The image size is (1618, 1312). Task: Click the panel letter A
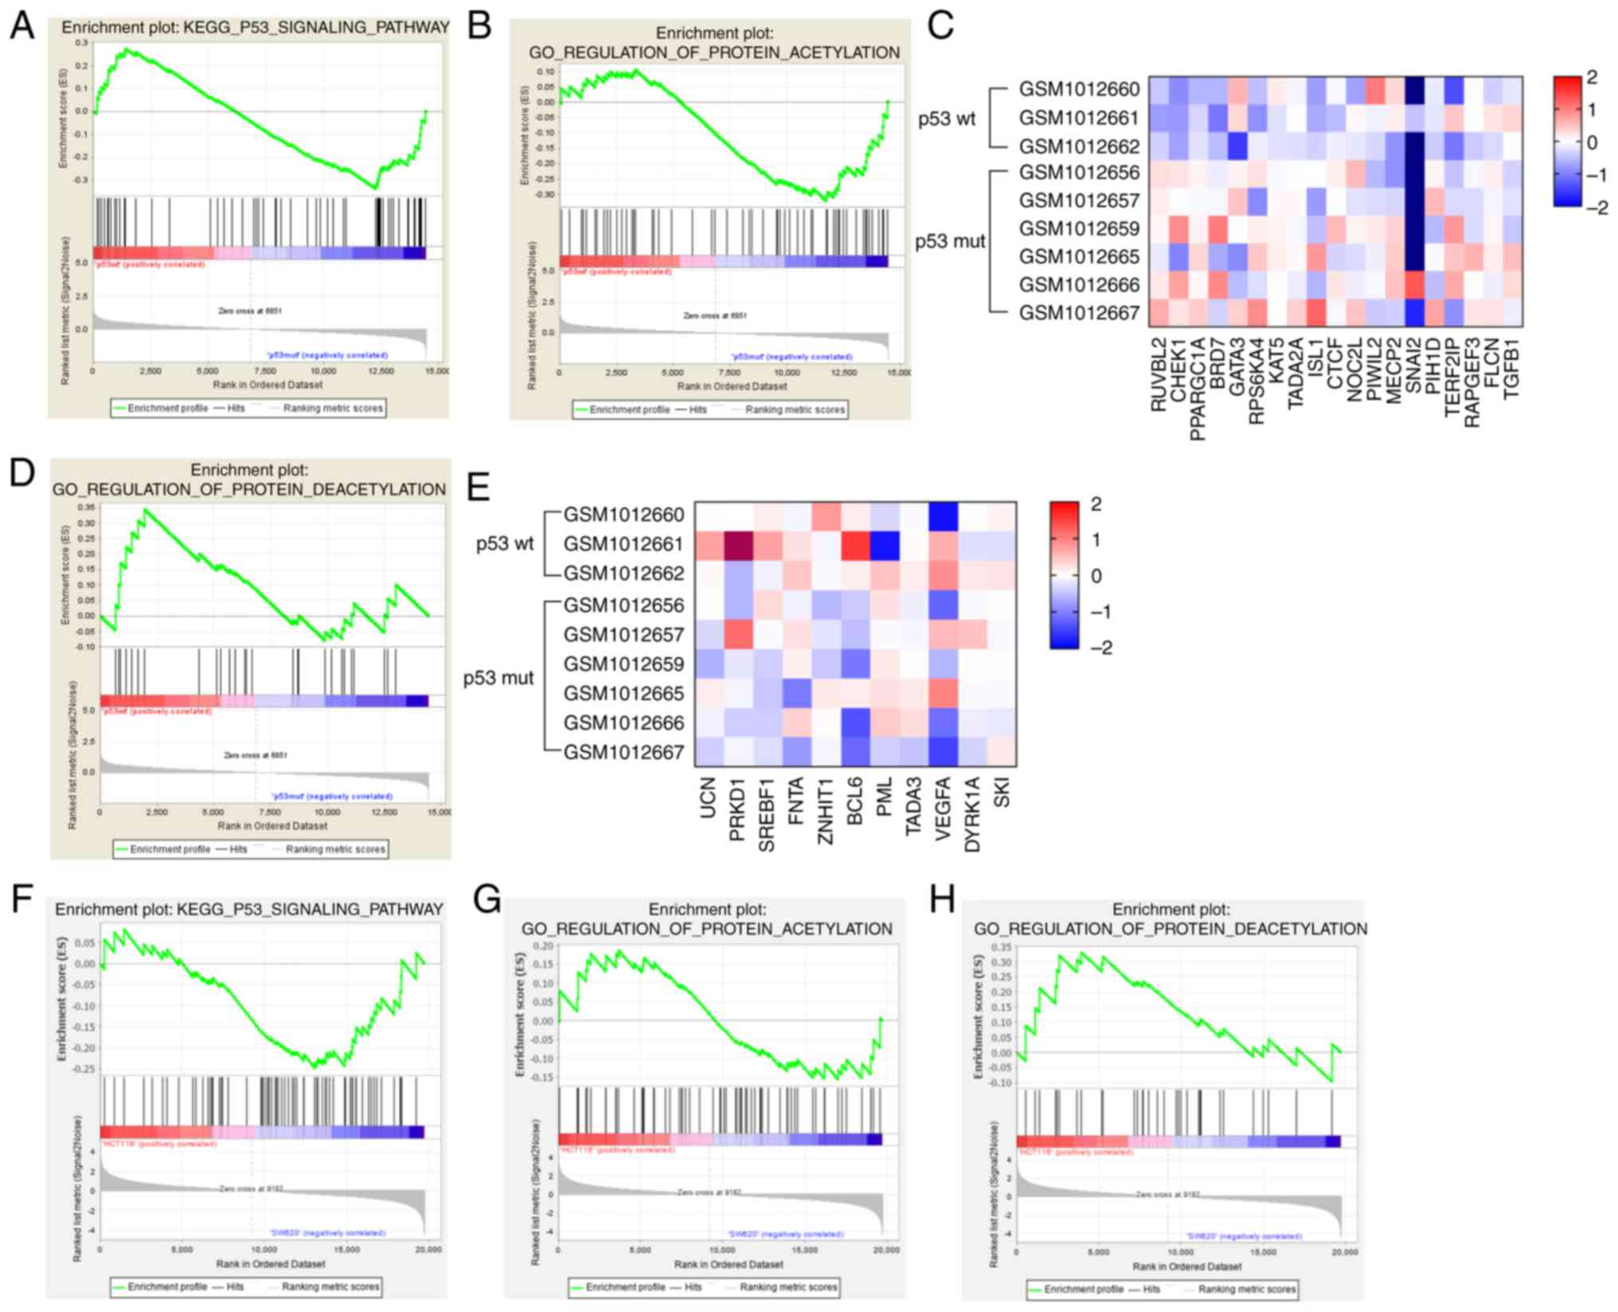[22, 26]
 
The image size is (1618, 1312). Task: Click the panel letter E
[478, 485]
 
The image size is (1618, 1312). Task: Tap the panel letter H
[943, 899]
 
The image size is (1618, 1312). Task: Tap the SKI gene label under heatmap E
[1002, 793]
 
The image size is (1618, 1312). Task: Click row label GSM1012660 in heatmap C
[1079, 89]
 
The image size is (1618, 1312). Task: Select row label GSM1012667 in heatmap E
[623, 753]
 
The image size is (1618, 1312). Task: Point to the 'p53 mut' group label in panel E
[498, 678]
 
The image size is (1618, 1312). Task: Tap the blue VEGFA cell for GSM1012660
[943, 516]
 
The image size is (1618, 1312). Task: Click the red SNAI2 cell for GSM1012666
[1414, 285]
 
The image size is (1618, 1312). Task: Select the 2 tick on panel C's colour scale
[1592, 78]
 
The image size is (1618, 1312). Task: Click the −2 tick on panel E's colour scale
[1101, 648]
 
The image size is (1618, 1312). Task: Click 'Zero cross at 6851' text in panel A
[250, 311]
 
